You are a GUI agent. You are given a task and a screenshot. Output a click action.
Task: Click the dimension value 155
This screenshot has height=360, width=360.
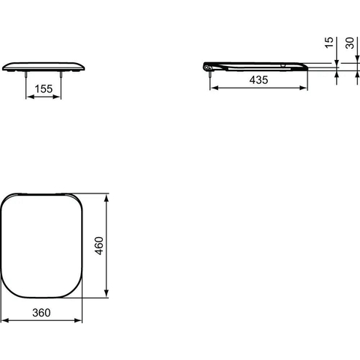(x=43, y=88)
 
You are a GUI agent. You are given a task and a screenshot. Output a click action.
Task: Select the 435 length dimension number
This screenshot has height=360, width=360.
(x=259, y=79)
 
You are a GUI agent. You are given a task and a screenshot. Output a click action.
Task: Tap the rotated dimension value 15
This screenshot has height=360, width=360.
(x=329, y=43)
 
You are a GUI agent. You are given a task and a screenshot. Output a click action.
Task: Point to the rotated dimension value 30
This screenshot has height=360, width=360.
(x=349, y=43)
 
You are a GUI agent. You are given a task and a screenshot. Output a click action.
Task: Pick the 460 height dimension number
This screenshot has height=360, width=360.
(x=99, y=246)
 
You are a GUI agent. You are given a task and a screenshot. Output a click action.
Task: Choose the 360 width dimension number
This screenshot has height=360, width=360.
(x=41, y=313)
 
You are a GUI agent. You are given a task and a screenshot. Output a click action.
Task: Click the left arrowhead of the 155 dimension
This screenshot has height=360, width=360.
(x=30, y=97)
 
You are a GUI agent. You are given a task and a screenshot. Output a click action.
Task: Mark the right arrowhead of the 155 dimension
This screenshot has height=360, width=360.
(x=57, y=97)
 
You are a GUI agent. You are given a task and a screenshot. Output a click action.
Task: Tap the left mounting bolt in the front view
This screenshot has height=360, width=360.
(x=26, y=74)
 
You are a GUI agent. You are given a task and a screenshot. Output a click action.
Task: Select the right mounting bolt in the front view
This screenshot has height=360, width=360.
(x=61, y=74)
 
